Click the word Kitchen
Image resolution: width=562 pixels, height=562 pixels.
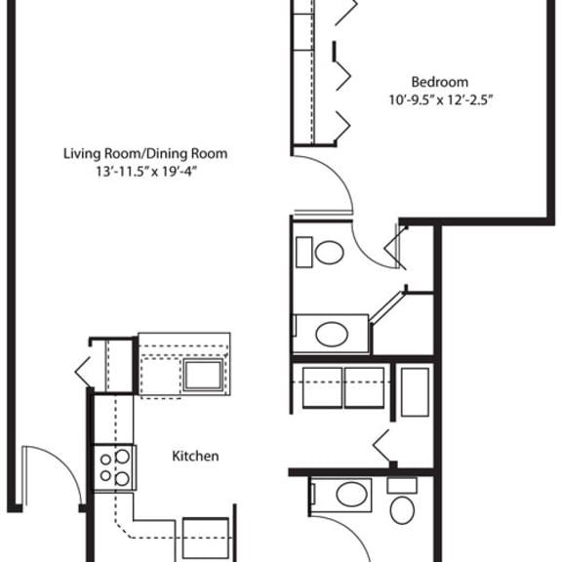(195, 456)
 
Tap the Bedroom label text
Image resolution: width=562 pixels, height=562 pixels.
(439, 82)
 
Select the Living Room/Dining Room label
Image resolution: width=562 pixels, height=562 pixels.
(145, 154)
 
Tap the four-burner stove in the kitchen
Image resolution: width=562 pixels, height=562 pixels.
(113, 465)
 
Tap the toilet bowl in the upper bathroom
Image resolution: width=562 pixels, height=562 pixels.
(329, 254)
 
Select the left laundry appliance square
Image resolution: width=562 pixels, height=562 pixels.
(323, 387)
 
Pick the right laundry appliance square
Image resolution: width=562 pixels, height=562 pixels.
(367, 387)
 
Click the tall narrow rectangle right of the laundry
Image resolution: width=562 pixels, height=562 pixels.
(414, 393)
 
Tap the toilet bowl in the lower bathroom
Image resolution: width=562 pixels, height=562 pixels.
(402, 509)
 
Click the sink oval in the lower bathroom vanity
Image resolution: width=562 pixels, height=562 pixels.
(351, 495)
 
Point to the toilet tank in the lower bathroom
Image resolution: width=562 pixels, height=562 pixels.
(402, 485)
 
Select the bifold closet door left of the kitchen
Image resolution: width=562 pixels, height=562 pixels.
(84, 370)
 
